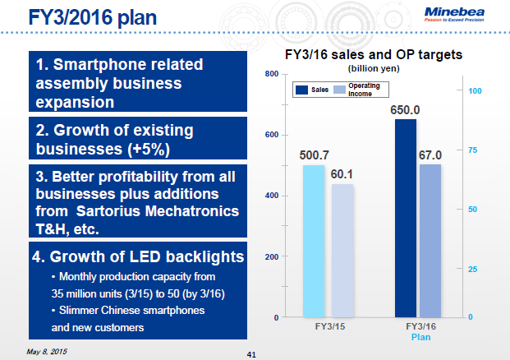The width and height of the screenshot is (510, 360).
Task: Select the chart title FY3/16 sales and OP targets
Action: pos(374,55)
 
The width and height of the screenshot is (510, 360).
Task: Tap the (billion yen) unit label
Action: pos(374,68)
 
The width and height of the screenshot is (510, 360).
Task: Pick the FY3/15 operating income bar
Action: pos(342,250)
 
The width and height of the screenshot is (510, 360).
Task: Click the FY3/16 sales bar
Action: pos(405,218)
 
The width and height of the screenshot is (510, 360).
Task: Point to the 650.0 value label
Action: pos(405,110)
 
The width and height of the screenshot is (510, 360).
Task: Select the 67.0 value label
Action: pos(431,155)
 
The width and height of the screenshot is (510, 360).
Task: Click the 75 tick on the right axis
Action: pos(473,150)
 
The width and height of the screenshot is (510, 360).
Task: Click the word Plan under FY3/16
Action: pos(420,337)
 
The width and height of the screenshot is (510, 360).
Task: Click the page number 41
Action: pos(252,354)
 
